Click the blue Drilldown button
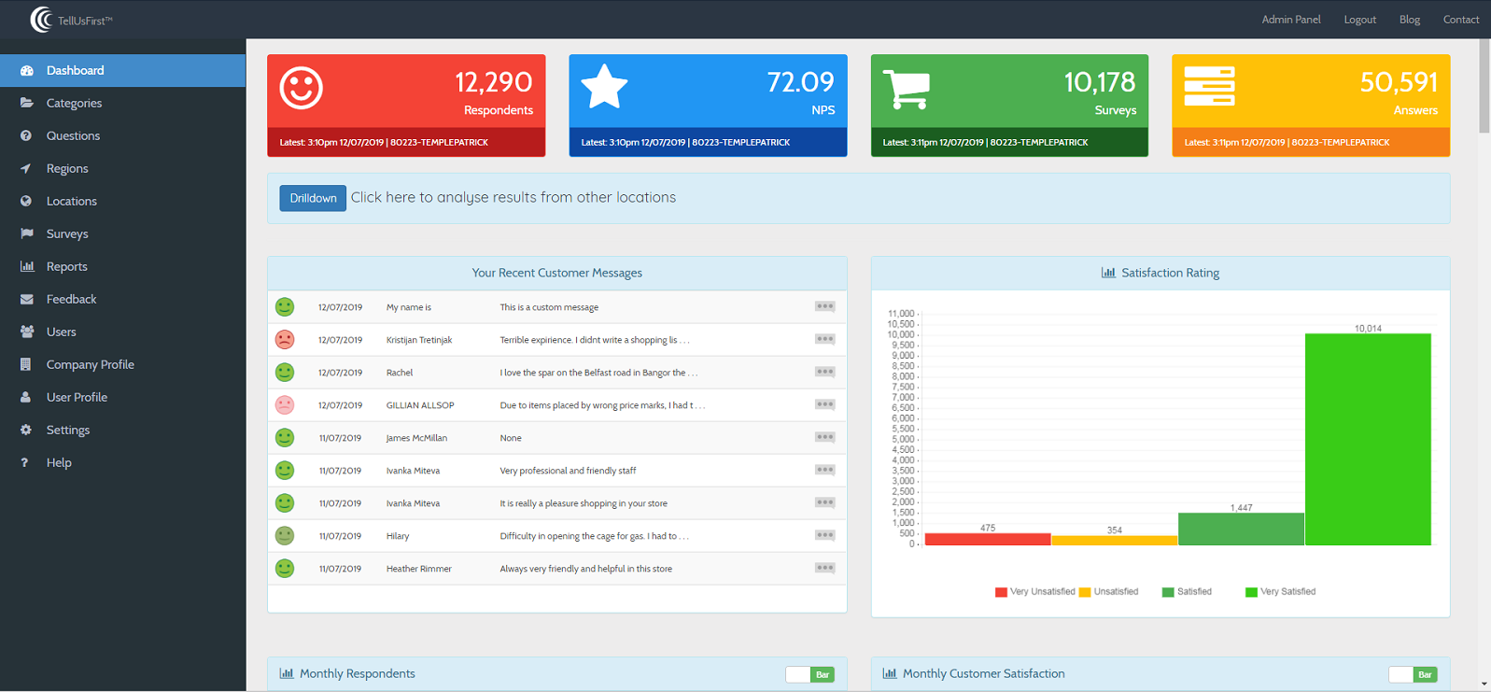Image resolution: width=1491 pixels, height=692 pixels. pos(313,198)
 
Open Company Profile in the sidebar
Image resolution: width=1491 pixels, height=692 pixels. pos(90,364)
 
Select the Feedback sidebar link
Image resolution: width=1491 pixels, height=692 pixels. pos(71,299)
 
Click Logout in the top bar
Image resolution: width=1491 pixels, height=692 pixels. pos(1359,20)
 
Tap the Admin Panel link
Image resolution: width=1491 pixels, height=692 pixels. pos(1290,20)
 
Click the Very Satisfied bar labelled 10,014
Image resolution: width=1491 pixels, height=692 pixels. pos(1367,439)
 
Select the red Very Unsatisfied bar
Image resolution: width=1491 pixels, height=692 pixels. pos(987,539)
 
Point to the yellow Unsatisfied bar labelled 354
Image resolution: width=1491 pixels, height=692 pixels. pos(1114,540)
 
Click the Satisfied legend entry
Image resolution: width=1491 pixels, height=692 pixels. pos(1187,592)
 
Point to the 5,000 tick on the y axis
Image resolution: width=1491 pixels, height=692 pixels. pos(902,439)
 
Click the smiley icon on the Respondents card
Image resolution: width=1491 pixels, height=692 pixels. pos(301,89)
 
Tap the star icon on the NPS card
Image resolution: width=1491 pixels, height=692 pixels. pos(604,88)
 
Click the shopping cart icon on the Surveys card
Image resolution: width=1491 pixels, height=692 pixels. pos(906,90)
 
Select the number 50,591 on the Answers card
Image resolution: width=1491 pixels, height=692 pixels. pos(1398,82)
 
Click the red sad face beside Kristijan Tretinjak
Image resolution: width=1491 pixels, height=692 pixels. pos(285,340)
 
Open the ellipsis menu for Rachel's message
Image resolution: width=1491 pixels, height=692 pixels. pos(824,372)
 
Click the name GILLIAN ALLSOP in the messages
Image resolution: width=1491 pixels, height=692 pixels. pos(420,405)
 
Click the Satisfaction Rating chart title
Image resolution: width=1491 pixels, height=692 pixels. pos(1169,273)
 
